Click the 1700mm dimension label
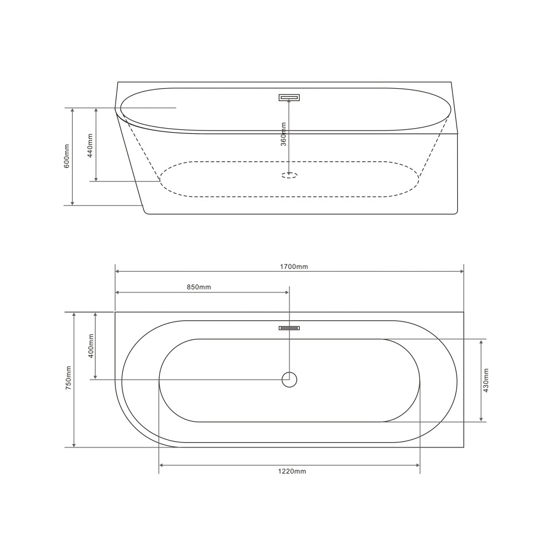coord(294,267)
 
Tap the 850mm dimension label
coord(199,287)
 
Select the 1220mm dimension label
coord(292,471)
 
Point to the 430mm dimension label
coord(486,380)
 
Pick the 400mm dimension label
coord(91,346)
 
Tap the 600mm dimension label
coord(66,156)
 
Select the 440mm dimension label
coord(90,145)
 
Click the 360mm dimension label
coord(284,134)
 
